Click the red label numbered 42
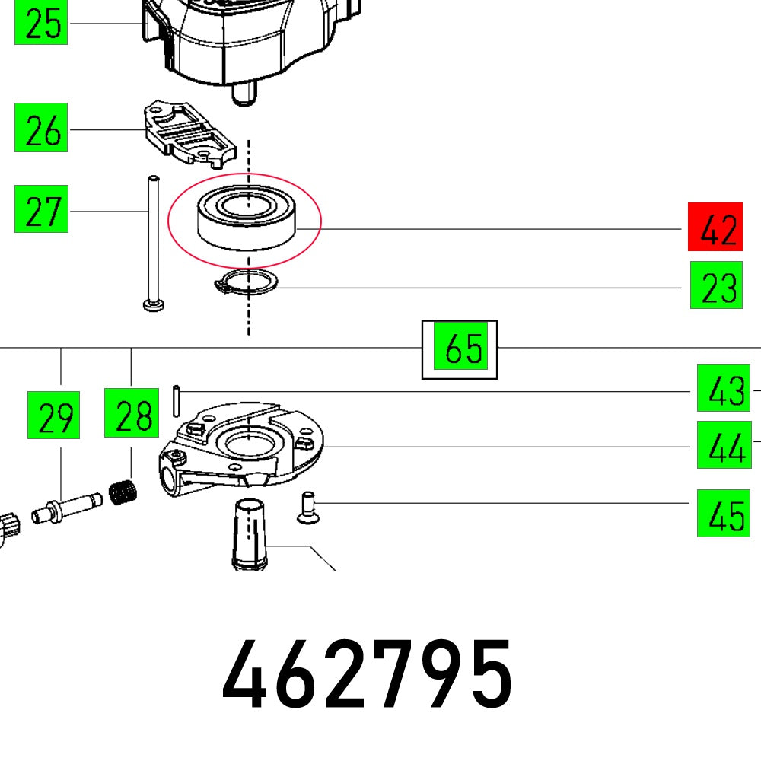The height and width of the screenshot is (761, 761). (x=714, y=227)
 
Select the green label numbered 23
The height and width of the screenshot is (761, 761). (x=715, y=285)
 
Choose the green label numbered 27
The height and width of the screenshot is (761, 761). (x=41, y=209)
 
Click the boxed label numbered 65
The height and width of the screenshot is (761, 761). (x=460, y=349)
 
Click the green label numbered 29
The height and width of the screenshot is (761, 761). (x=53, y=415)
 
